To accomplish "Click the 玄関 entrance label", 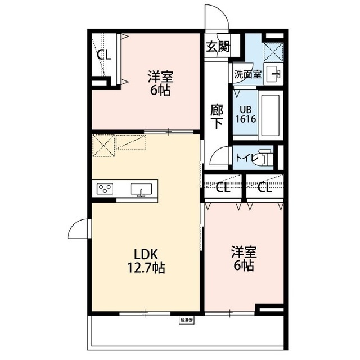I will coord(217,47).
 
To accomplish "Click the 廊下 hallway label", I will coord(217,115).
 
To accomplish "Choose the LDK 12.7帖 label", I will coord(145,262).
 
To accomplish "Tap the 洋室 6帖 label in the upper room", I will coord(160,83).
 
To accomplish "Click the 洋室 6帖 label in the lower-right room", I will coord(242,258).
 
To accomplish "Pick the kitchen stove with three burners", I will coord(106,189).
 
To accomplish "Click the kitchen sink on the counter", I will coord(141,190).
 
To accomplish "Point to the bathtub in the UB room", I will coord(271,115).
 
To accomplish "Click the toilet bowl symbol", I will coord(264,158).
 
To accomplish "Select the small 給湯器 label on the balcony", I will coord(187,320).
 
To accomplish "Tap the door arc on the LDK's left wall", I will coord(79,229).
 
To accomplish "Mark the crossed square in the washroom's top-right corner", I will coord(273,52).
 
